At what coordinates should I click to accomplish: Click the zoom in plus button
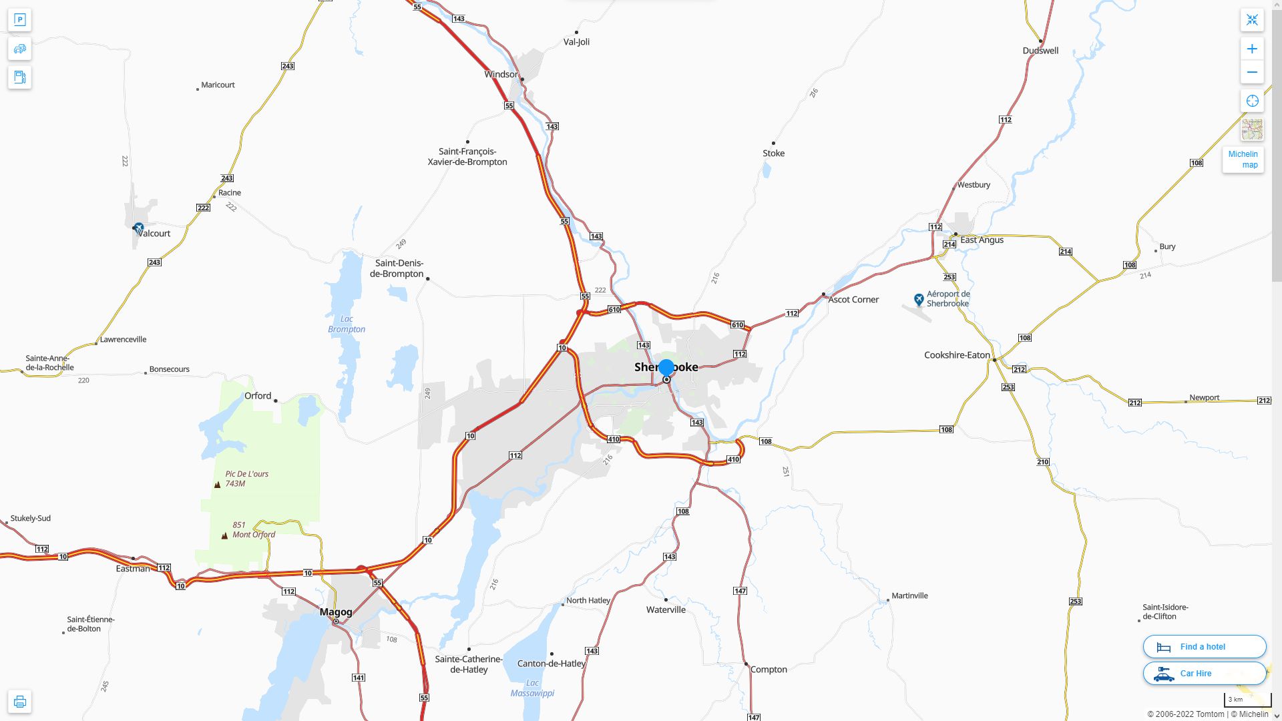tap(1252, 49)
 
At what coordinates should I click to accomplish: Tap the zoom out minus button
tap(1252, 72)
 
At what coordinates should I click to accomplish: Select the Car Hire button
tap(1204, 673)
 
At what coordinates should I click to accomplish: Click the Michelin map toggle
tap(1243, 160)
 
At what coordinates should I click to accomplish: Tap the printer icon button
tap(19, 702)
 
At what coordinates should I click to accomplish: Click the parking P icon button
tap(19, 20)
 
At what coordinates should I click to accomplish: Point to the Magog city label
tap(336, 612)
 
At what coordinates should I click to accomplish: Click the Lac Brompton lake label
tap(347, 324)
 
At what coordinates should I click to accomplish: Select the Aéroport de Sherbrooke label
tap(948, 298)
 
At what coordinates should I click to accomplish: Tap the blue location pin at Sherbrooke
tap(666, 367)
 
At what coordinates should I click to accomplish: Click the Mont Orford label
tap(254, 534)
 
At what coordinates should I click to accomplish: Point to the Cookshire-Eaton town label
tap(957, 355)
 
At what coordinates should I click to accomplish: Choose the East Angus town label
tap(982, 240)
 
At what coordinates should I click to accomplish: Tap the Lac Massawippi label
tap(532, 688)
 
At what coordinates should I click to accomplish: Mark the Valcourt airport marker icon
tap(138, 228)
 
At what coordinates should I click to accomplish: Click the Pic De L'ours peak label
tap(246, 474)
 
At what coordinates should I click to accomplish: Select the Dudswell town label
tap(1040, 50)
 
